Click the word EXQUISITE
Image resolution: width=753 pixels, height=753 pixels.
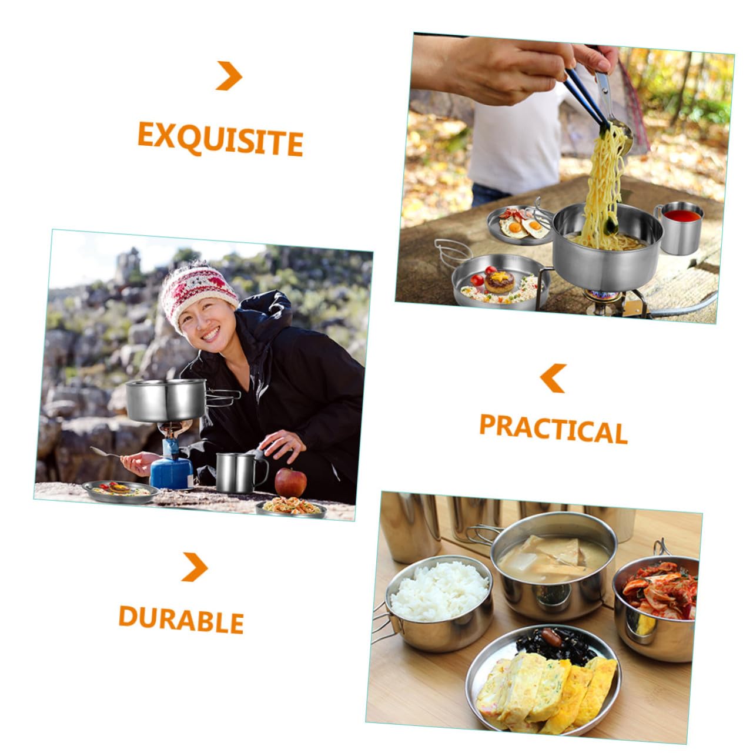coord(220,139)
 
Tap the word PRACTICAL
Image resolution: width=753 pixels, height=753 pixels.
coord(553,429)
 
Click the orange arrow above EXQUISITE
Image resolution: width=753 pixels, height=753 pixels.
coord(229,76)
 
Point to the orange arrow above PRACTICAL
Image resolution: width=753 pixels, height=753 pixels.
coord(553,378)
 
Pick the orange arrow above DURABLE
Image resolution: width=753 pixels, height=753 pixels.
coord(195,567)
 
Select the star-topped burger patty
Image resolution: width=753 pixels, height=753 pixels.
coord(500,282)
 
